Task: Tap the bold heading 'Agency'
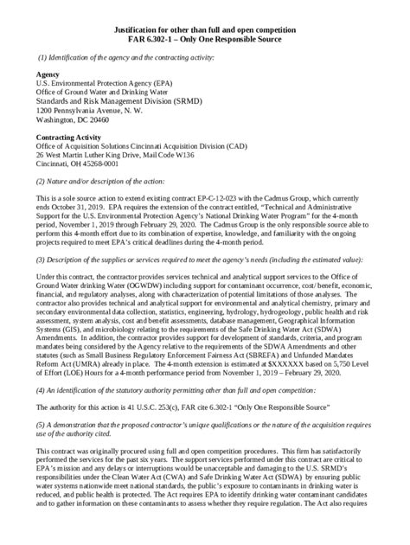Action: (x=48, y=75)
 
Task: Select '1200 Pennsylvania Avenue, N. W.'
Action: (x=85, y=112)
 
